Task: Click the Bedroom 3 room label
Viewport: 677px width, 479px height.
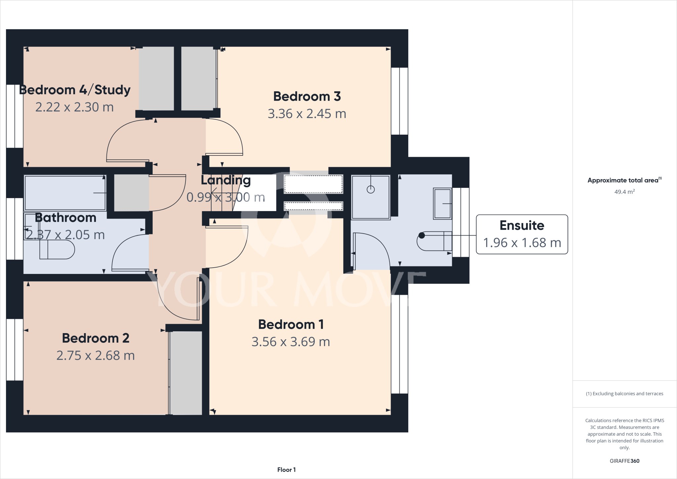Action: pos(307,97)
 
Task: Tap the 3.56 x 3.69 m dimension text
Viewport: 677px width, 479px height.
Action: pos(291,342)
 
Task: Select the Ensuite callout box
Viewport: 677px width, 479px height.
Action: pos(522,234)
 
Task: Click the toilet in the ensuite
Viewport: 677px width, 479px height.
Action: pos(433,241)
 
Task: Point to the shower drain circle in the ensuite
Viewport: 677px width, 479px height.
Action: pos(371,190)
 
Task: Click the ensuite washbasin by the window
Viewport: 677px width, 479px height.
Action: pos(442,203)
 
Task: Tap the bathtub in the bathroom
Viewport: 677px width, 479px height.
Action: pos(65,193)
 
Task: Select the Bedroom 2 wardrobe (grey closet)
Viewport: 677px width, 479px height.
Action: pos(186,373)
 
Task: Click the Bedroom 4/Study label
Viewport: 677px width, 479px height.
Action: pos(75,90)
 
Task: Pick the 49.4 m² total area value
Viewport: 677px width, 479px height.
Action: pos(624,192)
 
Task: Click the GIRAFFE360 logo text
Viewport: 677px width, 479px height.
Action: pos(624,461)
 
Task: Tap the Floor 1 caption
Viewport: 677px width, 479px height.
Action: pos(286,470)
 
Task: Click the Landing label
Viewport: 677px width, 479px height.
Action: pos(226,180)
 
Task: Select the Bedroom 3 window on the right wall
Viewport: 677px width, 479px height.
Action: pos(399,101)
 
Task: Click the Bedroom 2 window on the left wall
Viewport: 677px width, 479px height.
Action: pos(15,350)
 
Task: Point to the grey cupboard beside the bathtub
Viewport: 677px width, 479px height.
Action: pos(131,193)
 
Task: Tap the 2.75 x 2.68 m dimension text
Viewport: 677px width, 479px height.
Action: pos(96,356)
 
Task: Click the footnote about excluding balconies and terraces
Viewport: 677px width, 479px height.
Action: pos(624,394)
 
